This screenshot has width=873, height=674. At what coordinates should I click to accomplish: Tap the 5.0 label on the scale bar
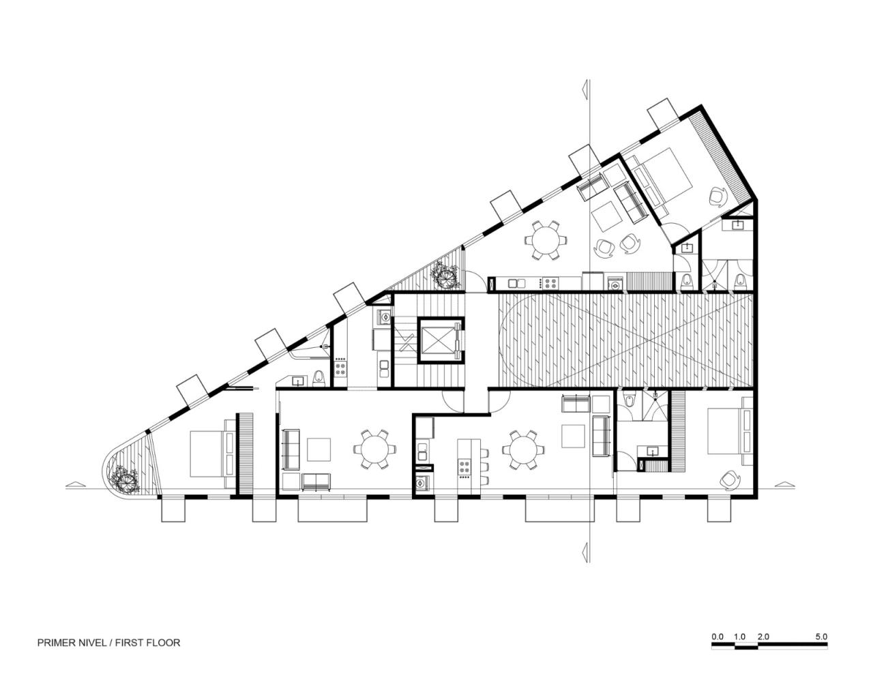pyautogui.click(x=820, y=636)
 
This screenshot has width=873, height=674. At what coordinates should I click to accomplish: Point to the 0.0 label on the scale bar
pyautogui.click(x=717, y=636)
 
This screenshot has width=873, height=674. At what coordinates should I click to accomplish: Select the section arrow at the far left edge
pyautogui.click(x=74, y=485)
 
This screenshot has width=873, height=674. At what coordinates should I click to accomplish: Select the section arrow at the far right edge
pyautogui.click(x=786, y=485)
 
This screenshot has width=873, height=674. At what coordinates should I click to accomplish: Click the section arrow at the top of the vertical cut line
pyautogui.click(x=585, y=89)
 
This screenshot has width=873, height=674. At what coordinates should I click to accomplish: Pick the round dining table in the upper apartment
pyautogui.click(x=545, y=240)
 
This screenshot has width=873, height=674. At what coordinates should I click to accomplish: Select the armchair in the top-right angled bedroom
pyautogui.click(x=718, y=196)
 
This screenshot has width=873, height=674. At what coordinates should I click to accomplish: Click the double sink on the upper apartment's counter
pyautogui.click(x=515, y=281)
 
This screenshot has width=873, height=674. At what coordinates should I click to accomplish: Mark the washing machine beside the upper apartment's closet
pyautogui.click(x=615, y=281)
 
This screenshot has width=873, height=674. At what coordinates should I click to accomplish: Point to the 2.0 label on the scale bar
pyautogui.click(x=763, y=636)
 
